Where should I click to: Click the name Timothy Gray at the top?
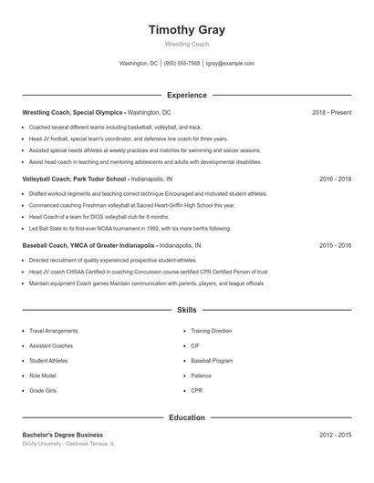tap(186, 30)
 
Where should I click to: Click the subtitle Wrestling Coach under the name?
tap(186, 44)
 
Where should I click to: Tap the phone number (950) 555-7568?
tap(182, 64)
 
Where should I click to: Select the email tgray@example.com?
tap(230, 64)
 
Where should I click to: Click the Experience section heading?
tap(186, 95)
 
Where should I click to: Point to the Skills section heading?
tap(186, 311)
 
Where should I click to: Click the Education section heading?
tap(186, 417)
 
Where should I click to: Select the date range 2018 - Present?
tap(331, 112)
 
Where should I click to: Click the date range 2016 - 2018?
tap(335, 180)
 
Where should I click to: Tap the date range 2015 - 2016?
tap(335, 246)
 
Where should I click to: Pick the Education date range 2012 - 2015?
tap(335, 436)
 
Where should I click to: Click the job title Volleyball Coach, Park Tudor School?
tap(74, 180)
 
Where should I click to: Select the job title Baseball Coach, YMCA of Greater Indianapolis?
tap(88, 246)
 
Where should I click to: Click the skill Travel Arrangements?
tap(54, 331)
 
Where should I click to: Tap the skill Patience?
tap(201, 375)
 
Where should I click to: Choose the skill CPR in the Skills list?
tap(196, 390)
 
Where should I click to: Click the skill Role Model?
tap(43, 375)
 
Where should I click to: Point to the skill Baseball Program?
tap(211, 361)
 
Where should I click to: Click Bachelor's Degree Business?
tap(62, 436)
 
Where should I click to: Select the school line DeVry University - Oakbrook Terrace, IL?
tap(69, 444)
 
